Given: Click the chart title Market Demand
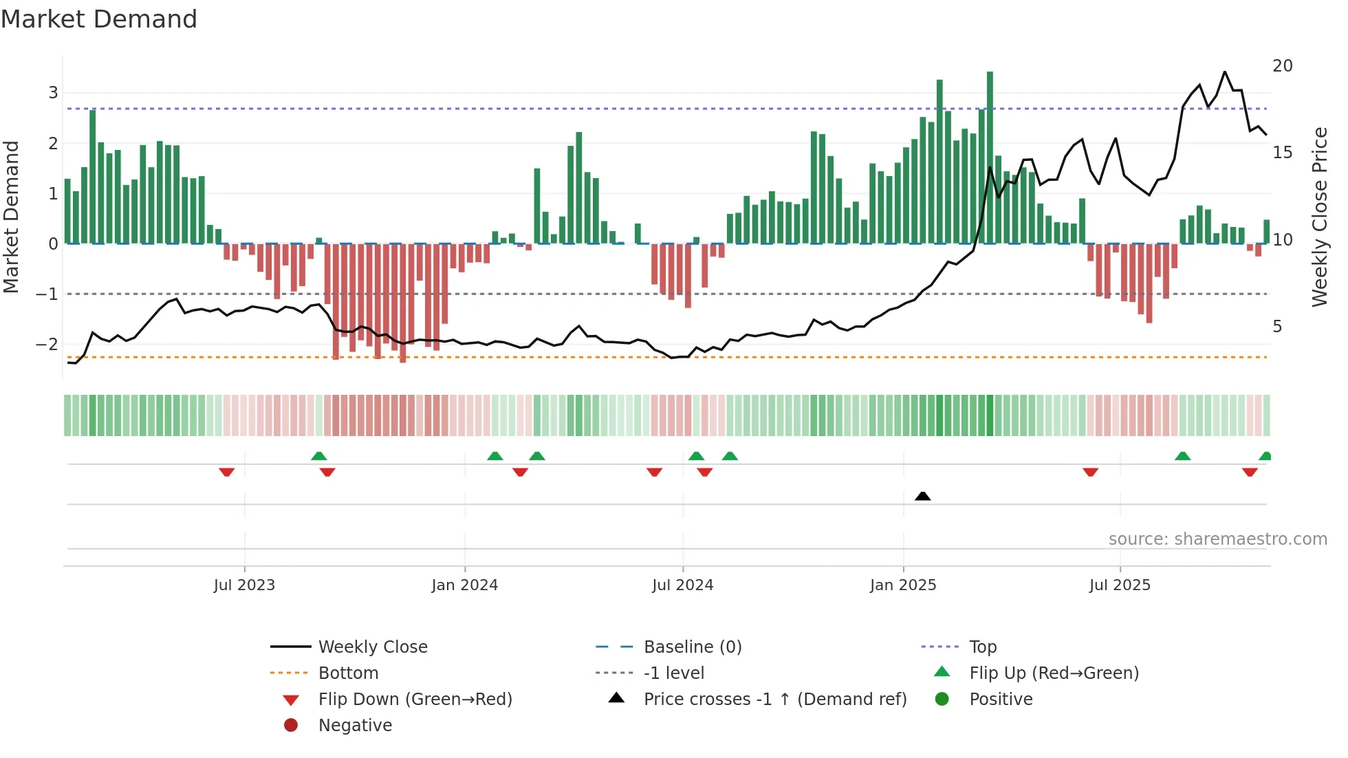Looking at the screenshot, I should pos(99,19).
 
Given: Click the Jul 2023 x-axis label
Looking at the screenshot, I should pos(244,585).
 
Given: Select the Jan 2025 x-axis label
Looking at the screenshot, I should pos(903,585).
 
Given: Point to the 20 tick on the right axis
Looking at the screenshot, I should pos(1282,66).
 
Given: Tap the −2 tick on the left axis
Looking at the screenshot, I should pos(47,345).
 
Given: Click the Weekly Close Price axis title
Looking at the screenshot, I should pos(1319,217).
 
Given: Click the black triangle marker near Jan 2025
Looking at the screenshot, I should pos(923,496).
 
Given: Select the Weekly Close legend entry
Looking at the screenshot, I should pos(372,647).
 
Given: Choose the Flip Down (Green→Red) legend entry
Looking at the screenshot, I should pos(415,700).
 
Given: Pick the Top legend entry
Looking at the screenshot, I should pos(982,647).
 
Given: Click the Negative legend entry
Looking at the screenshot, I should pos(355,726).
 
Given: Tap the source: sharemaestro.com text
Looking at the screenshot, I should pos(1217,539).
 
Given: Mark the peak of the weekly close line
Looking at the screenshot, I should pos(1225,72).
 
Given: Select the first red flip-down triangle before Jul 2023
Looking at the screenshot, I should pos(227,472).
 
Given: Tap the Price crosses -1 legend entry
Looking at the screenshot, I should pos(774,700).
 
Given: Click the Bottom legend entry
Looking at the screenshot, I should pos(348,673).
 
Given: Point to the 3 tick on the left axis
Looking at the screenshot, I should pos(53,93).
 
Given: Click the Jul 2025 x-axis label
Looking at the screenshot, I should pos(1120,585).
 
